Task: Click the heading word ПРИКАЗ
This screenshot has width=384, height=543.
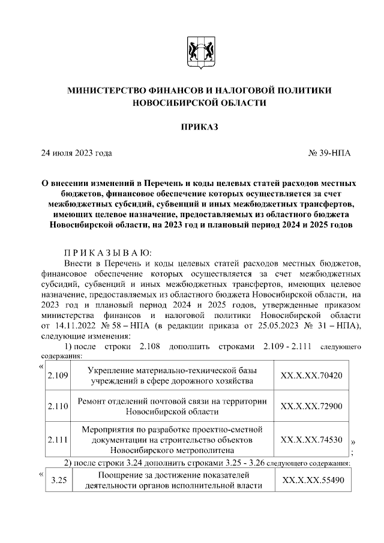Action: [x=199, y=127]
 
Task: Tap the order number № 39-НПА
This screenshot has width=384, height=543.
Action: [x=329, y=153]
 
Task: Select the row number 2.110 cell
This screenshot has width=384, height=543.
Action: [x=58, y=406]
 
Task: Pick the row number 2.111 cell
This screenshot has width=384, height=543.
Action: [x=58, y=439]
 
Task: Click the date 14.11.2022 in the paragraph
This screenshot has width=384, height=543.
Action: [x=76, y=326]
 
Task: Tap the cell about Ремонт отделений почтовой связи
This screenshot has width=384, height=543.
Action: [x=172, y=406]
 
